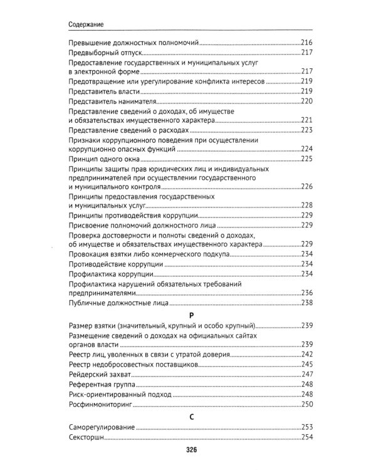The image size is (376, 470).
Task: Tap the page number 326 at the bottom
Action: click(x=187, y=451)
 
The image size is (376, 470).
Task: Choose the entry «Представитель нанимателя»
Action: click(x=110, y=100)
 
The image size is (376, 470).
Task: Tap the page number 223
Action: click(x=306, y=130)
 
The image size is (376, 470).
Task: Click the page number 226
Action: click(x=306, y=187)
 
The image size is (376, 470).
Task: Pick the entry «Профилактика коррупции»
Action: click(x=107, y=274)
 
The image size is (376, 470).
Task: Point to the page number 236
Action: click(x=306, y=293)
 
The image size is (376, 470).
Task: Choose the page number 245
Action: click(x=306, y=363)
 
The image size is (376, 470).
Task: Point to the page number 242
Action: click(x=306, y=353)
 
